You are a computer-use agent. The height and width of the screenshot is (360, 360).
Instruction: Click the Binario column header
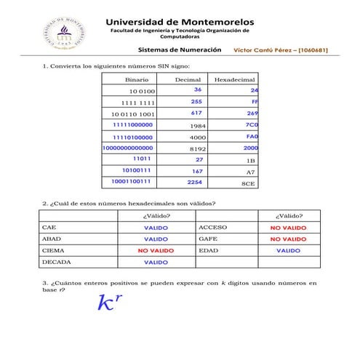tap(137, 78)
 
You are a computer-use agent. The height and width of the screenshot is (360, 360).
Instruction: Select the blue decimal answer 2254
tap(194, 183)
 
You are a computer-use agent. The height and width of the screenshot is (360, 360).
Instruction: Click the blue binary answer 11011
tap(141, 159)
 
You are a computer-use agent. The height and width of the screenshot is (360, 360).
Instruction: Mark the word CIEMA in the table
tap(54, 249)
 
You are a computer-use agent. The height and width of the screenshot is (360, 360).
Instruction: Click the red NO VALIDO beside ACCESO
tap(288, 228)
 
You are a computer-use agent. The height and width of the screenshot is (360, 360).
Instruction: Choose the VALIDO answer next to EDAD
tap(288, 250)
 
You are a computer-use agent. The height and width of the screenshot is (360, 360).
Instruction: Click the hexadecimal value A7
tap(251, 172)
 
